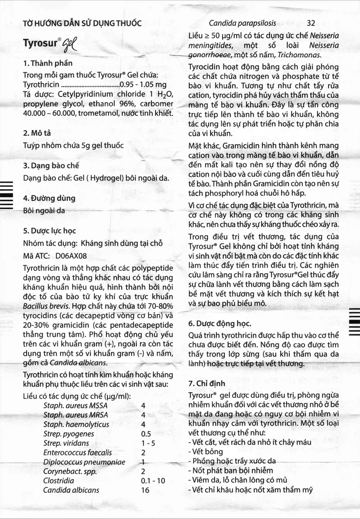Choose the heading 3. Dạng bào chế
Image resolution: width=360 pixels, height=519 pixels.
(x=51, y=166)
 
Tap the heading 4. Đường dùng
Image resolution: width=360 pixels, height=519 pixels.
(x=49, y=198)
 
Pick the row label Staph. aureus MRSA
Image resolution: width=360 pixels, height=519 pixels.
(x=75, y=415)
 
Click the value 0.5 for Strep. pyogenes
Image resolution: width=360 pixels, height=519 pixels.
(x=146, y=434)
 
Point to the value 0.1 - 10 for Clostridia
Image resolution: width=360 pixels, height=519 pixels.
(x=153, y=481)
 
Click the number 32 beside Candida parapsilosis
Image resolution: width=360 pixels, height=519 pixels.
(x=311, y=22)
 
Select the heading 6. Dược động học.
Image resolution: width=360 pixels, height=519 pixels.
(x=219, y=324)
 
